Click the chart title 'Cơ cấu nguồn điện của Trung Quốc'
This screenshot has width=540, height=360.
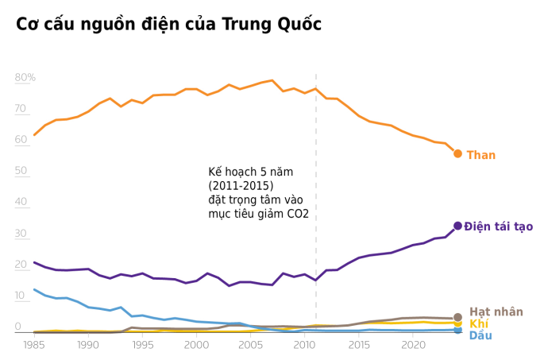[x=168, y=25]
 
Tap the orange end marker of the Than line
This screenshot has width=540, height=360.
[x=457, y=153]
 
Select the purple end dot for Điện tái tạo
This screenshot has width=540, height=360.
[x=457, y=226]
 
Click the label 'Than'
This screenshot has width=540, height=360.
[x=480, y=155]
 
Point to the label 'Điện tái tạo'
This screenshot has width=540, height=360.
[x=499, y=226]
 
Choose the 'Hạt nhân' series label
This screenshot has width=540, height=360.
[x=496, y=312]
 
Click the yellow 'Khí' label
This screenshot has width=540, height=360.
[x=478, y=323]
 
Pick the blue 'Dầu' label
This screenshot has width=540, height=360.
[x=480, y=335]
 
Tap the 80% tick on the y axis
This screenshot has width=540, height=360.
[x=25, y=77]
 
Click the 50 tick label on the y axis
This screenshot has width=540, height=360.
[x=21, y=171]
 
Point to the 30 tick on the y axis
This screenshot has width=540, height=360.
[x=21, y=233]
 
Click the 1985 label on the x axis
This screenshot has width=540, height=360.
[x=33, y=346]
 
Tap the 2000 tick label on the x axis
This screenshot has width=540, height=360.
[x=196, y=346]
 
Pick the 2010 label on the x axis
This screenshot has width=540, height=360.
[x=304, y=346]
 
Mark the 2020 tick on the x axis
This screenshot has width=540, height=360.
[x=413, y=346]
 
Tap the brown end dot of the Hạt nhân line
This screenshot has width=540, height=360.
[x=457, y=317]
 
